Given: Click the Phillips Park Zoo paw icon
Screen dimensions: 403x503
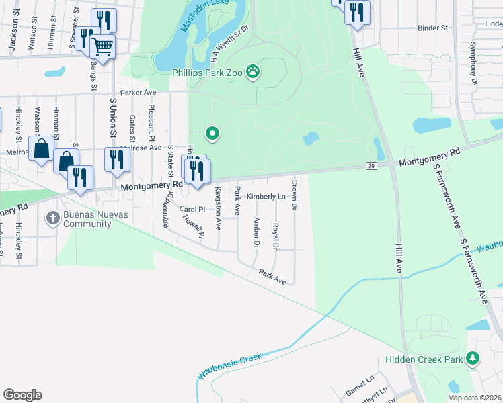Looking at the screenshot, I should click(x=253, y=71).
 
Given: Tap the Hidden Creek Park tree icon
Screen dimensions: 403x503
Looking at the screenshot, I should click(x=473, y=359).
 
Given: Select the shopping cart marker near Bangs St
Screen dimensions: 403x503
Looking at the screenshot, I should click(x=102, y=46).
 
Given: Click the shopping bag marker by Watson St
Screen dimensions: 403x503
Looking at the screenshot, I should click(x=42, y=149).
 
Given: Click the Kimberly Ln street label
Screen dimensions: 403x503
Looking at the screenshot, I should click(x=266, y=197).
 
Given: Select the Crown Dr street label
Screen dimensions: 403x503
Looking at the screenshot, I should click(x=294, y=193).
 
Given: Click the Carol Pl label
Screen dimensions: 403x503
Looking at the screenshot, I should click(x=192, y=209).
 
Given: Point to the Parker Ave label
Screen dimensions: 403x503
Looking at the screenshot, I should click(x=138, y=93).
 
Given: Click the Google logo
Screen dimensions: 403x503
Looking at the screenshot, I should click(x=22, y=395).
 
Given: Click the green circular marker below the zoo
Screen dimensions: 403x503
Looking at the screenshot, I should click(x=212, y=134).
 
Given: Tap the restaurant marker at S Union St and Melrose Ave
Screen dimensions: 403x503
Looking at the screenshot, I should click(x=117, y=160).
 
